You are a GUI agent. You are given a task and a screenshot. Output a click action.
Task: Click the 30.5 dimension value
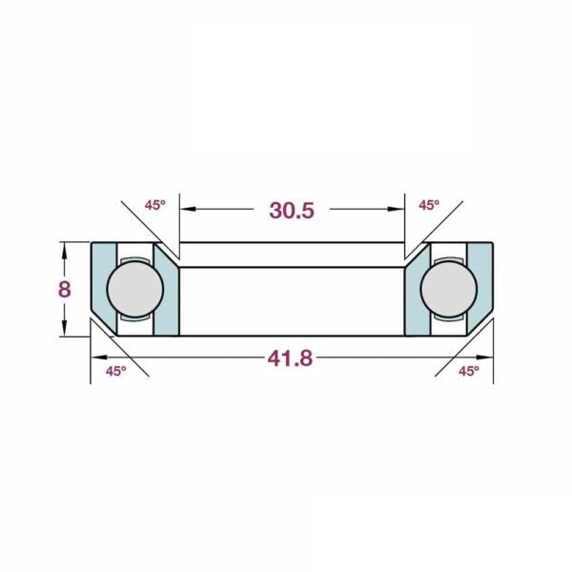click(292, 211)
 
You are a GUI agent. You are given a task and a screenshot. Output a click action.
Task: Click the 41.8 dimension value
click(290, 358)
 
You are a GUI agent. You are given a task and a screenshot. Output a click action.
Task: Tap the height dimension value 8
click(65, 290)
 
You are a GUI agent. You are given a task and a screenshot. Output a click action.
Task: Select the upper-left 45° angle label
click(155, 205)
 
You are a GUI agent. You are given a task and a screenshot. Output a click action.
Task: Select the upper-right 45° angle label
click(429, 205)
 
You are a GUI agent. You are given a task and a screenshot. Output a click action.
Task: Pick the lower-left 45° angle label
click(116, 372)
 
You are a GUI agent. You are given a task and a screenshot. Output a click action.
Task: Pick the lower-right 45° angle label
click(469, 372)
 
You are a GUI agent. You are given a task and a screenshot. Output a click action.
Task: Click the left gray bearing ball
click(135, 289)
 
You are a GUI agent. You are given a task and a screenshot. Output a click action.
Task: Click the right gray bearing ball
click(449, 289)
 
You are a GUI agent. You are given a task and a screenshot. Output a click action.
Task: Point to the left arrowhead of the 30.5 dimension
click(188, 209)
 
